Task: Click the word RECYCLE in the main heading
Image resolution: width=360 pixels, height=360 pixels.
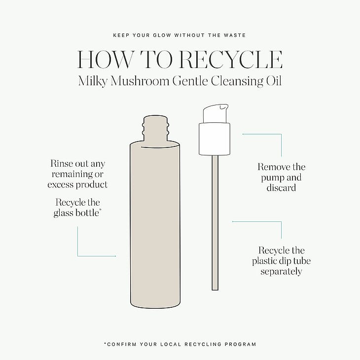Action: click(x=231, y=60)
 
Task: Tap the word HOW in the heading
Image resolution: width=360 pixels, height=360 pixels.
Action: click(x=105, y=60)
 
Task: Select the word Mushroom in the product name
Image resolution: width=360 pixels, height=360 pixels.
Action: click(x=140, y=81)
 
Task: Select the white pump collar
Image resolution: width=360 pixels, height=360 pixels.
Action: click(x=215, y=139)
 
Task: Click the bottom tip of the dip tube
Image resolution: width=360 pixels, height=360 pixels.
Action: click(x=215, y=290)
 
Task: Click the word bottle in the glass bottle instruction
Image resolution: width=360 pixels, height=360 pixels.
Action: click(x=87, y=213)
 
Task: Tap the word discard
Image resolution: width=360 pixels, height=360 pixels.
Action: click(x=281, y=188)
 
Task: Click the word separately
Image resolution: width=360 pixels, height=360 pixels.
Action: click(x=281, y=271)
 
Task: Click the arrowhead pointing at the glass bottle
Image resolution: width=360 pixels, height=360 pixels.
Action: click(x=115, y=256)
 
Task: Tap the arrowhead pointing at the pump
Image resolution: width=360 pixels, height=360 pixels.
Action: click(x=243, y=134)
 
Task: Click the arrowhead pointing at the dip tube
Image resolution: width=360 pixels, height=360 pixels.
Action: click(x=233, y=221)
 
